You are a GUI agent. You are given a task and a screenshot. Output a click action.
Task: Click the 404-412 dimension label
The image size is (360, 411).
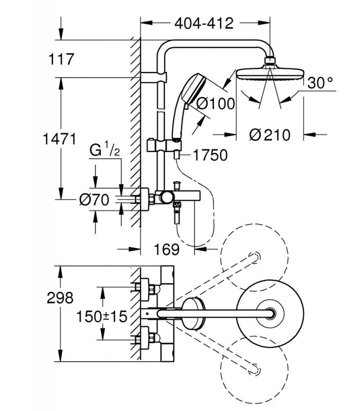click(204, 24)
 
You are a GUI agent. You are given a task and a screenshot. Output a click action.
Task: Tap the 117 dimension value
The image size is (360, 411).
click(61, 59)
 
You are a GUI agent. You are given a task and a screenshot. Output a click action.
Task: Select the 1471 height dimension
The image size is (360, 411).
click(59, 139)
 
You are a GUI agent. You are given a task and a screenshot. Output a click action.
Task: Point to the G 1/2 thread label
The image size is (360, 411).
click(105, 149)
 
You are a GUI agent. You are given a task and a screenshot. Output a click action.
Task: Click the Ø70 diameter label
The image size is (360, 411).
click(94, 200)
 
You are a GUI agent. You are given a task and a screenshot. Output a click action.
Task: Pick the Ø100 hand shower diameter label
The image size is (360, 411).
click(215, 104)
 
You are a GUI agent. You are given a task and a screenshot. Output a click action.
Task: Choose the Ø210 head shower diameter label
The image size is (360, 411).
click(269, 135)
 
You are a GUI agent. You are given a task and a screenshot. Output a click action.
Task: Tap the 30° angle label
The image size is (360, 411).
click(320, 83)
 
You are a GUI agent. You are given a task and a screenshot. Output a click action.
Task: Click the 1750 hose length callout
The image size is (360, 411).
click(210, 155)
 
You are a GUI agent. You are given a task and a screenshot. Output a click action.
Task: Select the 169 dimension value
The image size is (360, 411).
click(167, 249)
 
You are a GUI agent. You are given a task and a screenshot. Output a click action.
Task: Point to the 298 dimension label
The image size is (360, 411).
click(60, 298)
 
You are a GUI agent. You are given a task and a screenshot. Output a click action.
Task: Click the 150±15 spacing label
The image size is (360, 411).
click(101, 316)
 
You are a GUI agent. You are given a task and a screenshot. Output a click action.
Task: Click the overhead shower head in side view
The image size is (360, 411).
click(271, 73)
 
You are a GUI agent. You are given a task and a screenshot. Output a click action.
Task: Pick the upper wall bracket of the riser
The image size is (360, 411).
click(154, 78)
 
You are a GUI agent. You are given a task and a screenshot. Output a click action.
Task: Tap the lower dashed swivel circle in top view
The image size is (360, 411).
click(254, 369)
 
